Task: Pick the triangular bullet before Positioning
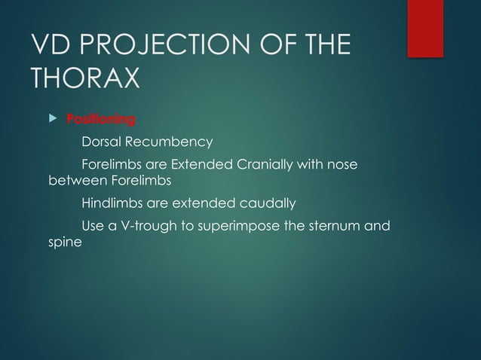52,119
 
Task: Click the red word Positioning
101,119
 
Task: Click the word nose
343,164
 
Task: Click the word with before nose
310,164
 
